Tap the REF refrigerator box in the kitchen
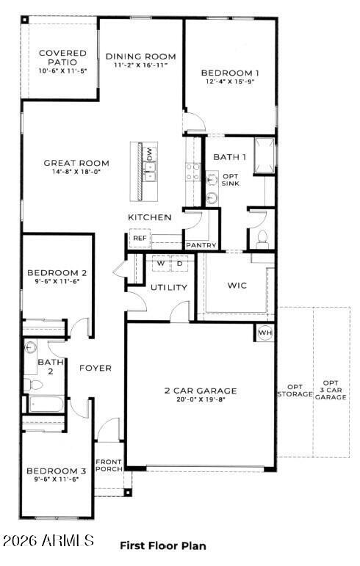point(140,239)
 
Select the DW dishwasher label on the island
point(150,154)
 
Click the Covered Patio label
point(62,58)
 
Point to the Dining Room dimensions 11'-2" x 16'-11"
point(140,65)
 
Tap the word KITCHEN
point(150,217)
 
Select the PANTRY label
point(199,244)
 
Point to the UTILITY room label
point(169,287)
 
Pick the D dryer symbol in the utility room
point(179,263)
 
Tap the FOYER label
point(96,368)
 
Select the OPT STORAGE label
point(295,391)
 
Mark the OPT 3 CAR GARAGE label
point(330,389)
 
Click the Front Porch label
point(109,465)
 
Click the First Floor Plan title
point(162,545)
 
